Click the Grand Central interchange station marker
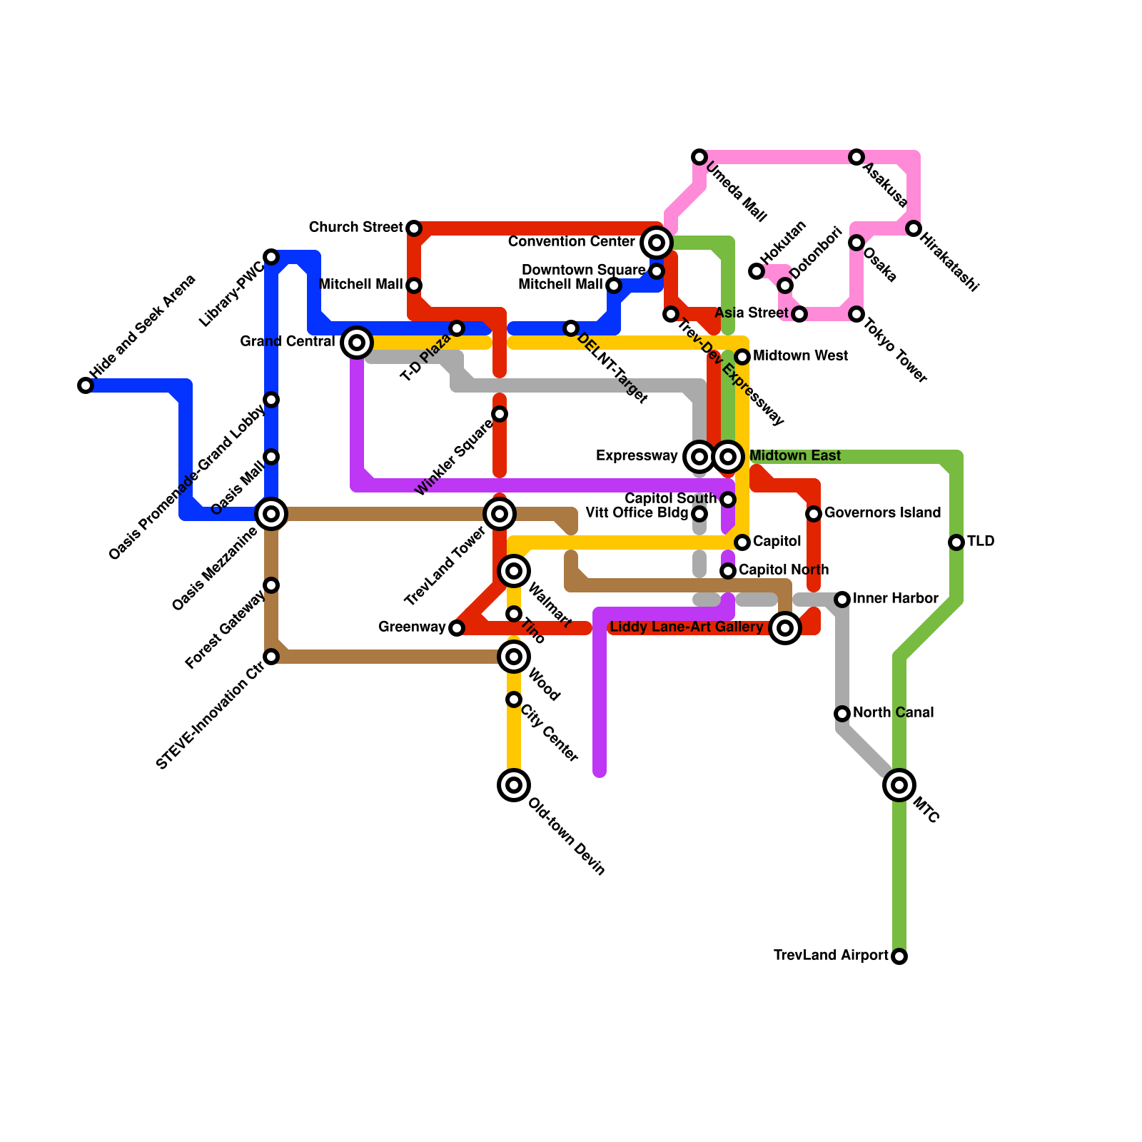point(357,343)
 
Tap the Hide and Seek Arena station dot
point(86,385)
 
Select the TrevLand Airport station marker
point(899,956)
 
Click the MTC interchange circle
point(899,785)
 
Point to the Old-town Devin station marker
point(514,785)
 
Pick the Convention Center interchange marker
point(657,243)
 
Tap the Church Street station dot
point(414,228)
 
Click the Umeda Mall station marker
point(699,157)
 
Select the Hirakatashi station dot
point(914,228)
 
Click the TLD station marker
point(956,542)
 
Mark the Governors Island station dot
point(814,514)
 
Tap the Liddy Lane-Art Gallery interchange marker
point(785,628)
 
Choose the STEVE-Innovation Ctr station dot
point(271,657)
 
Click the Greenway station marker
point(457,628)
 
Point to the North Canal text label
point(893,712)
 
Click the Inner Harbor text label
point(895,598)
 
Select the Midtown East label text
point(794,455)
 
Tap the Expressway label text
point(637,455)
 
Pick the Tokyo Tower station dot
point(856,314)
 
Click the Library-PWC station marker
point(271,257)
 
